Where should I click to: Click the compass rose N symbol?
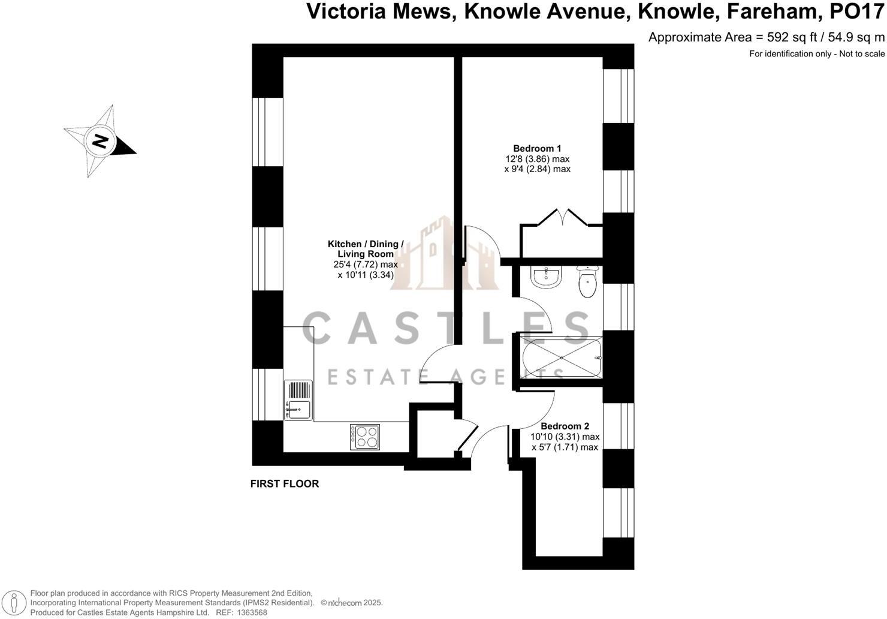[99, 142]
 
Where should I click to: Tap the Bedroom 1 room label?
[537, 149]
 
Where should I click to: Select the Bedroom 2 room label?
[565, 426]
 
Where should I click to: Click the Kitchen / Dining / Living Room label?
[366, 249]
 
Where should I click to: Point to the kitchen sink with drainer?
[298, 399]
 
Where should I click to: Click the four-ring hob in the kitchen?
[365, 437]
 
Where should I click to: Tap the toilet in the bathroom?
[587, 283]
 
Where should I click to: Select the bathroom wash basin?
[545, 277]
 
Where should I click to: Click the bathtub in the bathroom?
[561, 358]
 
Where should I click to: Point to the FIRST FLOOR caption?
[284, 484]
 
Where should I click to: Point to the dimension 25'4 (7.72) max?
[366, 265]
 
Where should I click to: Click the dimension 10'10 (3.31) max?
[565, 437]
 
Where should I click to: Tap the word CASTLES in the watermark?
[446, 329]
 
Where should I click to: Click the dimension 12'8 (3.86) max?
[537, 159]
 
